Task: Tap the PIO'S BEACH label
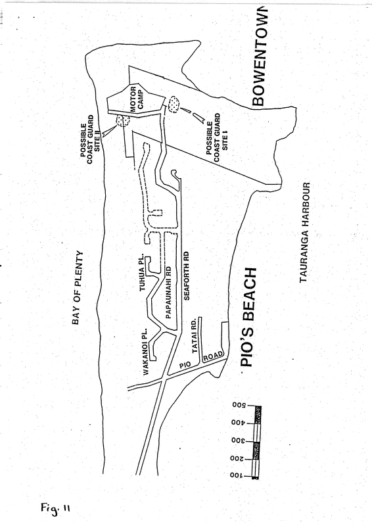250,317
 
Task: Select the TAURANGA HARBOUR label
305,233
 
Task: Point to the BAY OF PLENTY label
78,287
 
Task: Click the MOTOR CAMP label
137,99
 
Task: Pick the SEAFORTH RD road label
187,275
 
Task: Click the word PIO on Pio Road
185,365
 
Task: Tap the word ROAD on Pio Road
214,356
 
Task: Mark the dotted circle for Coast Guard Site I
174,105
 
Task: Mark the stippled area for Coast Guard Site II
122,120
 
